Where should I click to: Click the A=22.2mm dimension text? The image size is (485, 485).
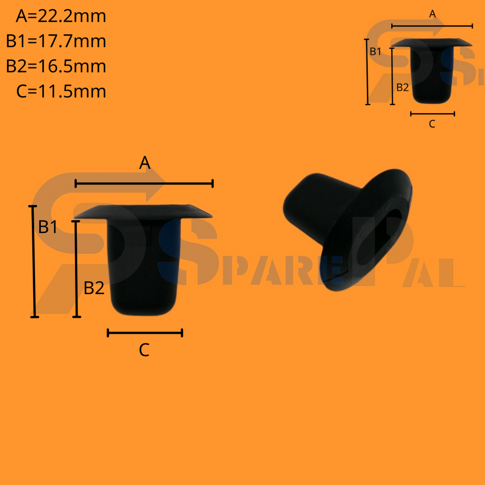61,17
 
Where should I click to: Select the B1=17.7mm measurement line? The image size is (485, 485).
56,41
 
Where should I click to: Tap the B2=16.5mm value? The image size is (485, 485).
56,66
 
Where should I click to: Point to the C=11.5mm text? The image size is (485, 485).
61,91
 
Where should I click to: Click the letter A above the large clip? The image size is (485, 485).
144,163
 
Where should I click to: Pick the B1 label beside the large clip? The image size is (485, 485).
48,227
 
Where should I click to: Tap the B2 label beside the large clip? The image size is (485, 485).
94,287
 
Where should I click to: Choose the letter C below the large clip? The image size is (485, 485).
144,350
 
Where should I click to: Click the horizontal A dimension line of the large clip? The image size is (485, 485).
144,183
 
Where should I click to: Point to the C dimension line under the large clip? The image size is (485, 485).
145,333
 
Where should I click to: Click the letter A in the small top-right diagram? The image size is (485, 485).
432,15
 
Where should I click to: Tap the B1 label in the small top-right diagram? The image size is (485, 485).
376,52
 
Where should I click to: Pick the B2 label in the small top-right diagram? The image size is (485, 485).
402,87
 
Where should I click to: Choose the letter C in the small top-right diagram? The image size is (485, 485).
432,124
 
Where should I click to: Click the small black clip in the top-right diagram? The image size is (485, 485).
431,71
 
